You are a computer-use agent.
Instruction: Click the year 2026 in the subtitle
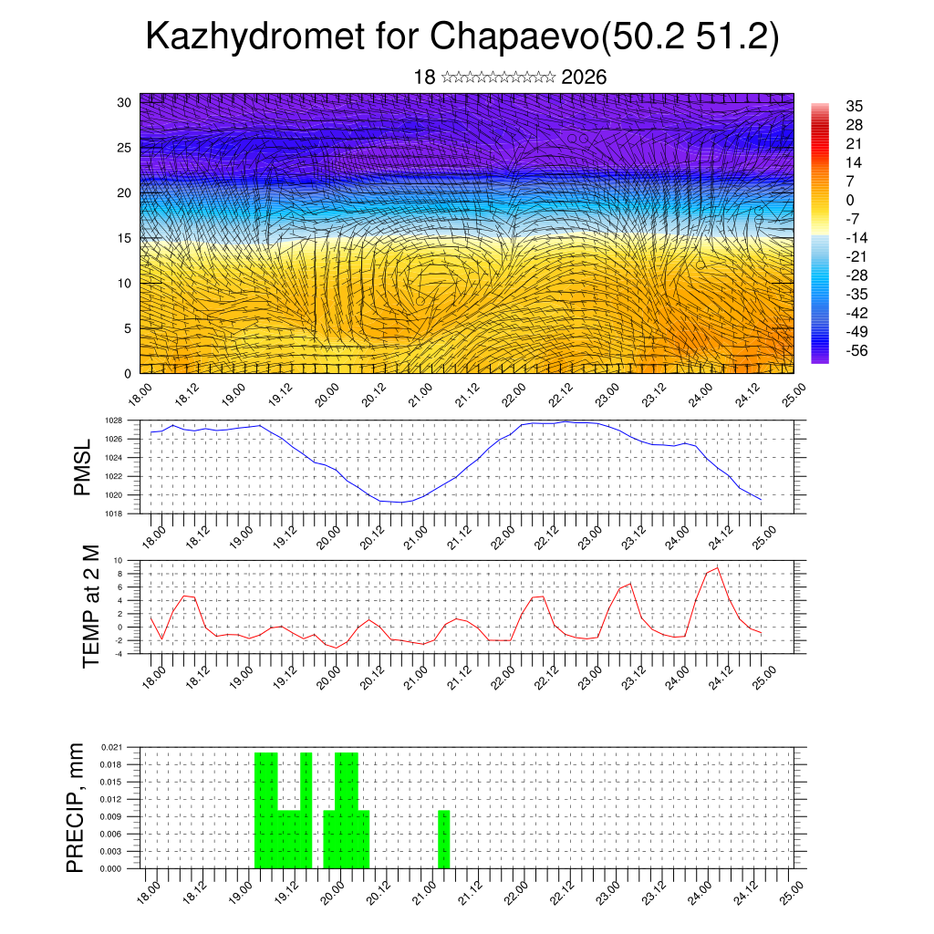tap(584, 78)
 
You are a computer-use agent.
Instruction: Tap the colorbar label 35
tap(855, 106)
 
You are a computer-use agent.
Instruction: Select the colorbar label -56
tap(858, 350)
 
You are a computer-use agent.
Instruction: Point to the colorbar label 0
tap(850, 200)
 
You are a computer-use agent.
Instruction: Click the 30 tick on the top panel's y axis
tap(124, 102)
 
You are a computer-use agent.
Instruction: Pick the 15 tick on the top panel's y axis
tap(124, 238)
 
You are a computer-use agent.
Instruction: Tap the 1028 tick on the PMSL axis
tap(113, 420)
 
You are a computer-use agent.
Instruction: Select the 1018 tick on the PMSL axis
tap(113, 514)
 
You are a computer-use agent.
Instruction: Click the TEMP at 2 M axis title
tap(90, 606)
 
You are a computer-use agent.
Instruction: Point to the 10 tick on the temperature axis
tap(118, 560)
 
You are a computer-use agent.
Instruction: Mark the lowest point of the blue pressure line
tap(402, 503)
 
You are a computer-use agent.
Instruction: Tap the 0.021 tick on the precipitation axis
tap(111, 747)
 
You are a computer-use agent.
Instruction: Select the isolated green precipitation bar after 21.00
tap(444, 839)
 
